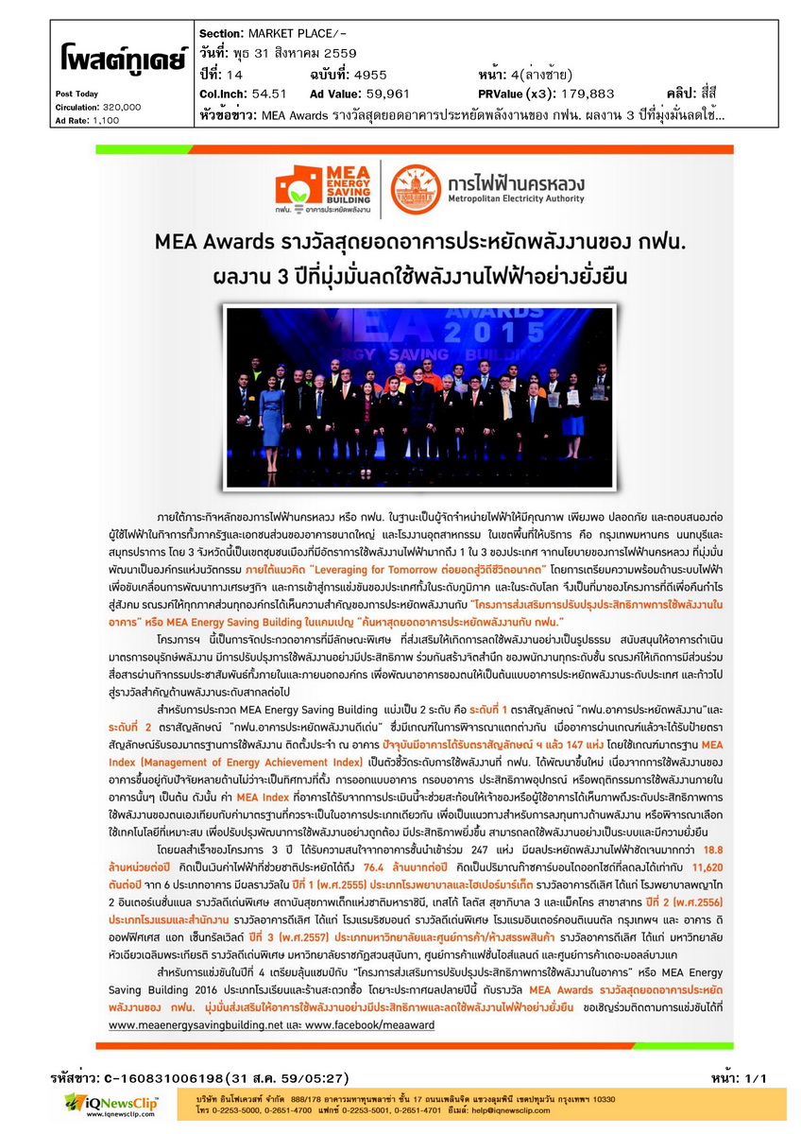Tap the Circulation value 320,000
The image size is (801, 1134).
tap(122, 107)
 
